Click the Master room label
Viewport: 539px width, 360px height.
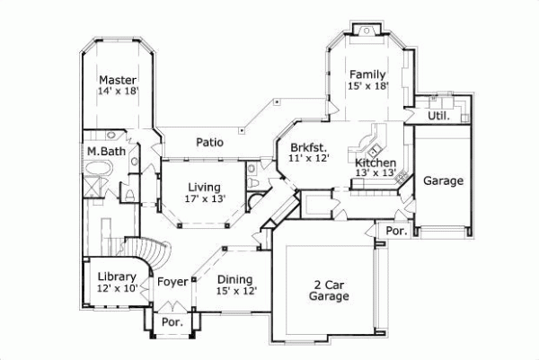[x=118, y=79]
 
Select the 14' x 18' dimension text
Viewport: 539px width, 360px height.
[x=118, y=91]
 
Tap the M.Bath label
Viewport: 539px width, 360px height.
[x=107, y=151]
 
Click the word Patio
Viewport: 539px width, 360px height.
[x=209, y=142]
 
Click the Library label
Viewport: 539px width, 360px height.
[x=118, y=277]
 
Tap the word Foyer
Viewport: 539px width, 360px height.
[x=172, y=282]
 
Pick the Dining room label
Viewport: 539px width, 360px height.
[x=234, y=279]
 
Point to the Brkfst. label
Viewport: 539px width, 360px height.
[x=309, y=145]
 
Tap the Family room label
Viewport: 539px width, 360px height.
[x=367, y=75]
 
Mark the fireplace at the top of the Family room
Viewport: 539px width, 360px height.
[x=367, y=31]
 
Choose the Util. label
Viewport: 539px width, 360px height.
[x=437, y=116]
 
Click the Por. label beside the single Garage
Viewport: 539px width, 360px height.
[x=396, y=230]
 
